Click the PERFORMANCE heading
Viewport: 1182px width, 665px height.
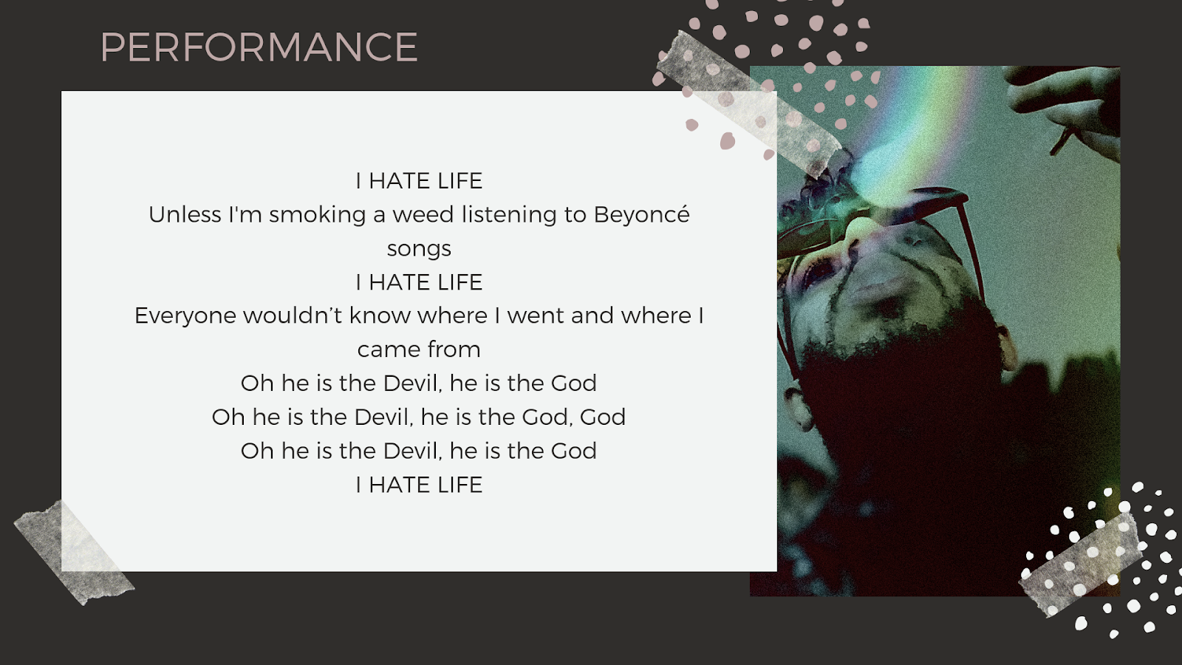pyautogui.click(x=259, y=47)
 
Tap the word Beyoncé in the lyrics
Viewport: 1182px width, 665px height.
pyautogui.click(x=642, y=214)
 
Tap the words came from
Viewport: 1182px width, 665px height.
pyautogui.click(x=419, y=349)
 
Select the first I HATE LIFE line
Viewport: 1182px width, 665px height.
pyautogui.click(x=419, y=181)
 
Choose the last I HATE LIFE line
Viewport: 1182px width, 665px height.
pyautogui.click(x=419, y=485)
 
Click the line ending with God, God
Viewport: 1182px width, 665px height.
pyautogui.click(x=419, y=417)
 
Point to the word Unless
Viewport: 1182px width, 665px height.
pyautogui.click(x=185, y=215)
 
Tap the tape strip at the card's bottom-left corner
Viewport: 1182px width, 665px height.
pyautogui.click(x=74, y=552)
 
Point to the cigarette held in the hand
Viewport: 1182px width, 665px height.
pyautogui.click(x=1062, y=140)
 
